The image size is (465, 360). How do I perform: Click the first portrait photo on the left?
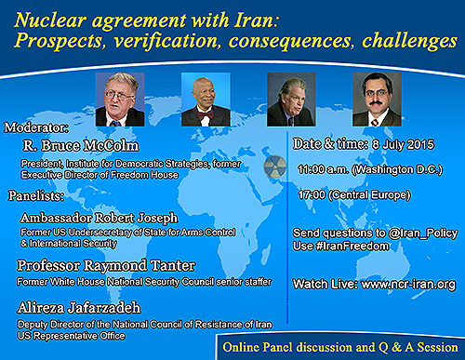click(x=120, y=99)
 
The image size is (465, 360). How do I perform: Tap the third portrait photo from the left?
click(x=291, y=99)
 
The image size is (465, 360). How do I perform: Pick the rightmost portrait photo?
click(x=377, y=99)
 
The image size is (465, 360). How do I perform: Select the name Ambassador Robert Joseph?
click(x=92, y=217)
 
